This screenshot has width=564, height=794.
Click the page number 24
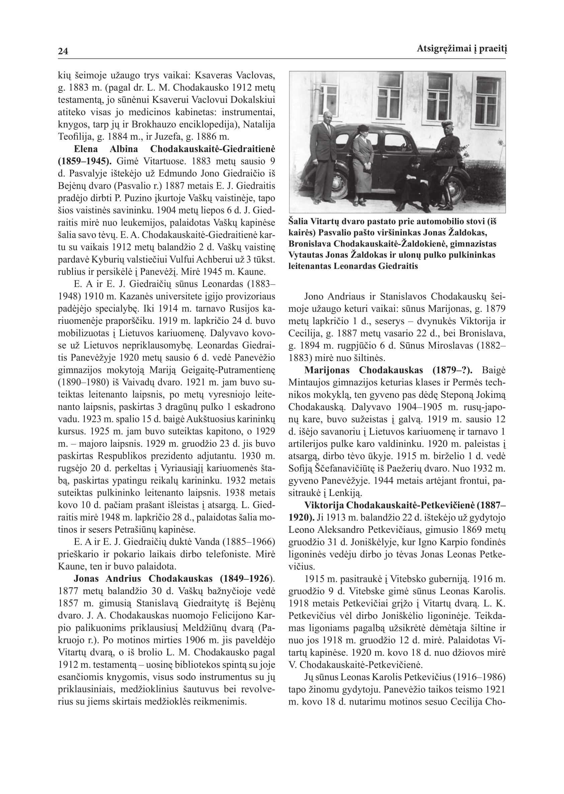point(63,52)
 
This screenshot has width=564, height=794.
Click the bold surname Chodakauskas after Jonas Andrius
point(181,578)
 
